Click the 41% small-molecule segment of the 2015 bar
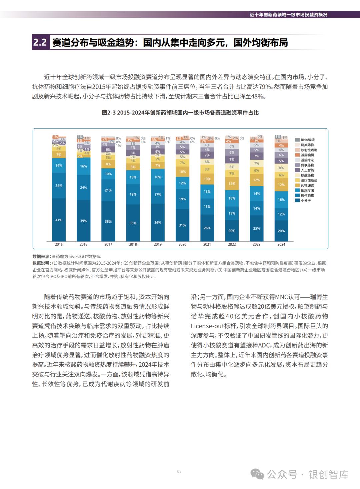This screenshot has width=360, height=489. pyautogui.click(x=59, y=220)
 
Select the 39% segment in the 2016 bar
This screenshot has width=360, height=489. pyautogui.click(x=83, y=221)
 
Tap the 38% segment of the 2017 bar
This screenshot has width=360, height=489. pyautogui.click(x=108, y=221)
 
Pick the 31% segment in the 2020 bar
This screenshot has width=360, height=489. pyautogui.click(x=182, y=225)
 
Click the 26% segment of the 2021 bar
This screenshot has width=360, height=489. pyautogui.click(x=207, y=228)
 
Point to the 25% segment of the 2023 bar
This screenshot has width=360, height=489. pyautogui.click(x=256, y=228)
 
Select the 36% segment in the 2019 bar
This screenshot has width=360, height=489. pyautogui.click(x=158, y=222)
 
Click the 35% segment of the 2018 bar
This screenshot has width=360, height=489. pyautogui.click(x=133, y=223)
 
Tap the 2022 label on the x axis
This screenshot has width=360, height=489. pyautogui.click(x=232, y=244)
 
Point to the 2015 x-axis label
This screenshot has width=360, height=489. pyautogui.click(x=59, y=244)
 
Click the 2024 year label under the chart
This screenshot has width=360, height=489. pyautogui.click(x=281, y=244)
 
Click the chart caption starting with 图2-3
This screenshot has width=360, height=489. pyautogui.click(x=180, y=113)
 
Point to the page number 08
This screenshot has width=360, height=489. pyautogui.click(x=179, y=471)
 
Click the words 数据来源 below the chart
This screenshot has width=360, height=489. pyautogui.click(x=41, y=256)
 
